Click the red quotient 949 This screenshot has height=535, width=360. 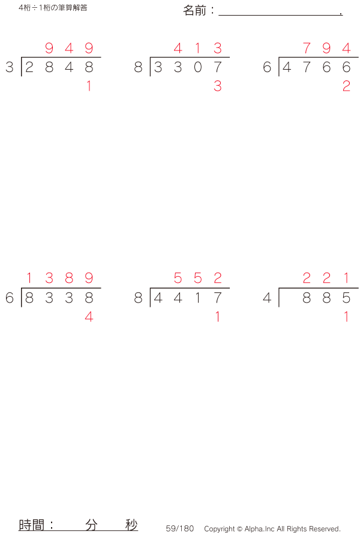[69, 48]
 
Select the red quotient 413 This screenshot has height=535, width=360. [198, 48]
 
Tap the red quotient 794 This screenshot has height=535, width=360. [326, 48]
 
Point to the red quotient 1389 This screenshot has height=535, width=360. [59, 278]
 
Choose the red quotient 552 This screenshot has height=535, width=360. [198, 278]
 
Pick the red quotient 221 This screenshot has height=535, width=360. [326, 278]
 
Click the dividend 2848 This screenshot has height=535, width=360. [59, 68]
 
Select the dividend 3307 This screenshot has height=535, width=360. [188, 68]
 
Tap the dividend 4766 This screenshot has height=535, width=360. [316, 68]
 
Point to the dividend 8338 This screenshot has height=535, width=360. [59, 298]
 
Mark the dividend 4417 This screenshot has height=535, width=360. [188, 298]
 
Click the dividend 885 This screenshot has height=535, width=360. [326, 298]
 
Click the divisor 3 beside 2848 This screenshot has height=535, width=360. [9, 68]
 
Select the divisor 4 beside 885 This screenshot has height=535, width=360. [267, 298]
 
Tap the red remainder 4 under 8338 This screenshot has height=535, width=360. [89, 318]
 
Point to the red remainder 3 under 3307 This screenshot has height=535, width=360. [217, 87]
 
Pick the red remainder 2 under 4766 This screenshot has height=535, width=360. [346, 87]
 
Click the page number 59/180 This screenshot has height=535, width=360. [180, 528]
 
